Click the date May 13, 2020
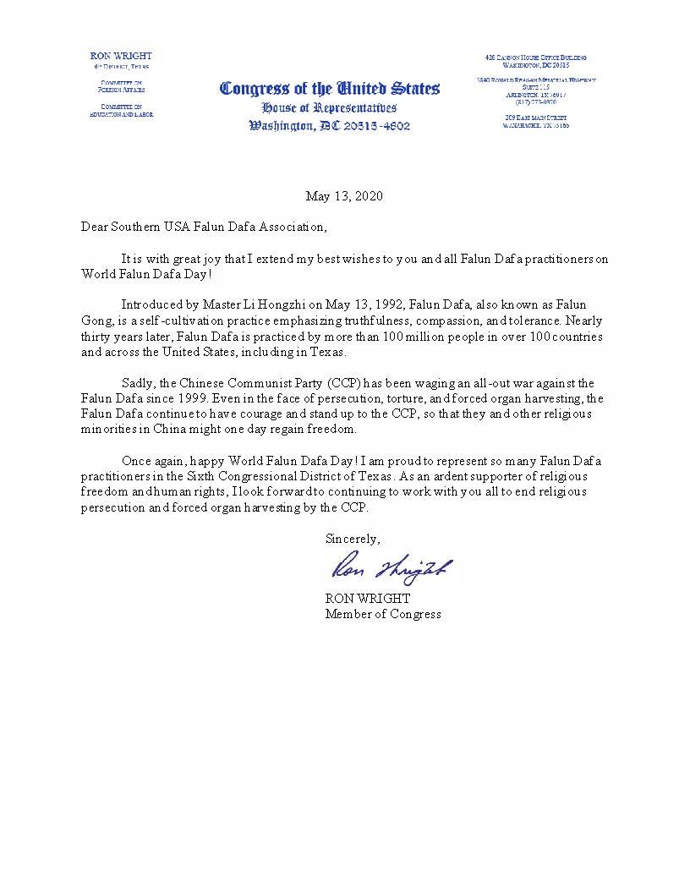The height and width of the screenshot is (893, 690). coord(344,196)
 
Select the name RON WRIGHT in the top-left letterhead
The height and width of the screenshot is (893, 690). coord(121,56)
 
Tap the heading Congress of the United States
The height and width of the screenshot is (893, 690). coord(330,89)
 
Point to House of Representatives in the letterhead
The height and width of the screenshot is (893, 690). coord(329,108)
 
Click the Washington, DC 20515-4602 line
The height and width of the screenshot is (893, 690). coord(330,126)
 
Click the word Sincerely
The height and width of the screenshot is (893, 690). coord(353,539)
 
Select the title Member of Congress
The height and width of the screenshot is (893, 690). coord(383,614)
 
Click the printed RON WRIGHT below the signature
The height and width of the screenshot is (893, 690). coord(368,598)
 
